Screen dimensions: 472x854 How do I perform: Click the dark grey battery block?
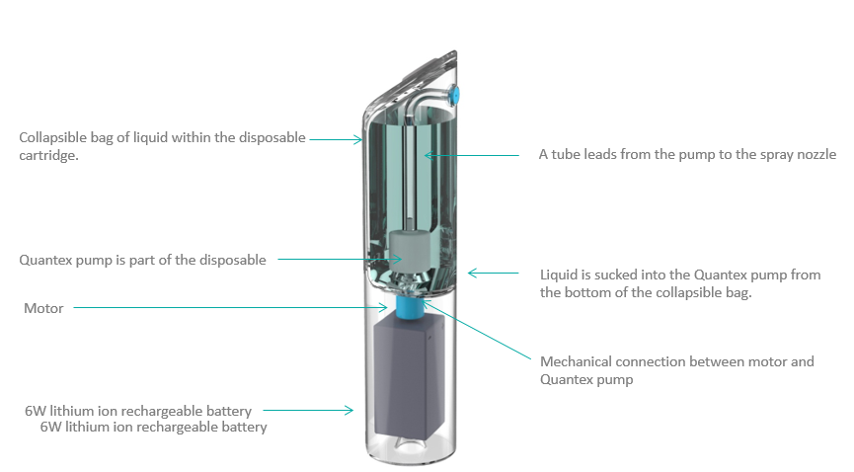[x=405, y=380]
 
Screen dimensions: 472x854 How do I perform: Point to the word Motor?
[x=43, y=308]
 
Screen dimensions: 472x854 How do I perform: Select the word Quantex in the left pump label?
[x=47, y=261]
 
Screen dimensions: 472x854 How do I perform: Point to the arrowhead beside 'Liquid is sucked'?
[x=472, y=273]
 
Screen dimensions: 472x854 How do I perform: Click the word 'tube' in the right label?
[x=566, y=154]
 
